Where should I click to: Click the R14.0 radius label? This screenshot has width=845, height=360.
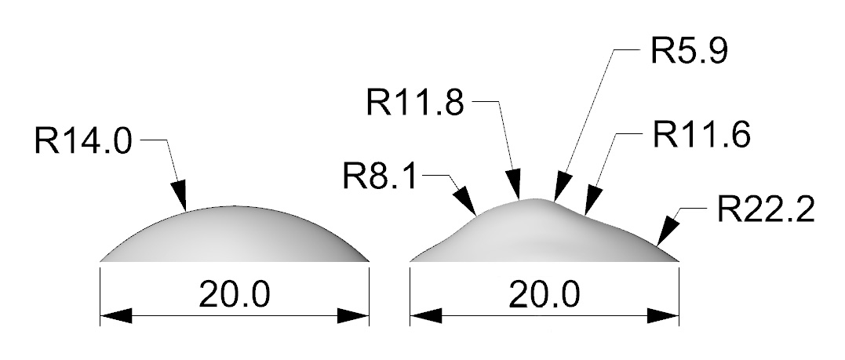83,140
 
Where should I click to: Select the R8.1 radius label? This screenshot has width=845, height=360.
380,176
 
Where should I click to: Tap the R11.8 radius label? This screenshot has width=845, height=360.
415,103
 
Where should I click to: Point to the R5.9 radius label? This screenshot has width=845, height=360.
690,51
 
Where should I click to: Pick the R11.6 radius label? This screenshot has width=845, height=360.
701,134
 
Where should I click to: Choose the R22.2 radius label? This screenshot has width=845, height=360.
766,209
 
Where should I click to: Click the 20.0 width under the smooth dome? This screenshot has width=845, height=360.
235,295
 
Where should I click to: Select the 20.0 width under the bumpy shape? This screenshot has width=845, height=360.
545,295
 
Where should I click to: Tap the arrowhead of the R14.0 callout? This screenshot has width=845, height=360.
180,195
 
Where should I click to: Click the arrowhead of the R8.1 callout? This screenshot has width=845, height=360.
465,202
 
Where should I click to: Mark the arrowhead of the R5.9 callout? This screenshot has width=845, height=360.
563,187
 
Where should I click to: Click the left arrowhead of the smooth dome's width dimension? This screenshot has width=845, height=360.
116,316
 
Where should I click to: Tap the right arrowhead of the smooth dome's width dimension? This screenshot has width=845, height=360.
354,316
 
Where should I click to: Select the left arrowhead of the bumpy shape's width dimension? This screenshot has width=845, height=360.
426,316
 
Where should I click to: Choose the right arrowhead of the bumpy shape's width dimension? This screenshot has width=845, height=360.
663,316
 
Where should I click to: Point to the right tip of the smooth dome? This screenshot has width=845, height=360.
370,261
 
